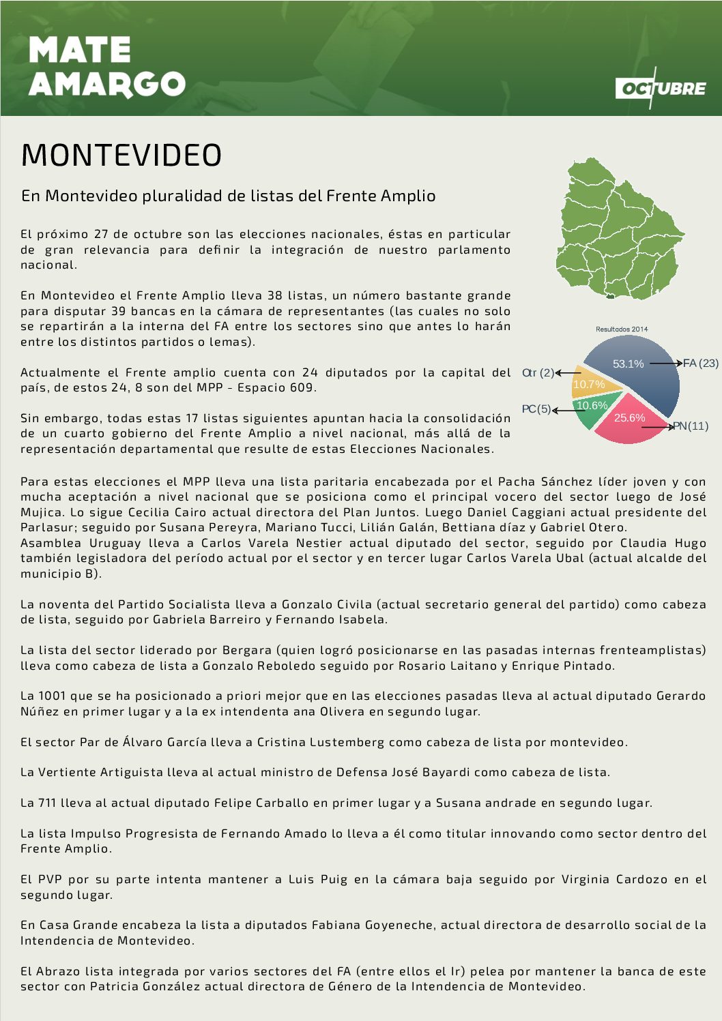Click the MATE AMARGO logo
pos(106,67)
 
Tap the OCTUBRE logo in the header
pos(661,88)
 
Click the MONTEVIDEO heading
pos(121,156)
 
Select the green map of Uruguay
pos(618,229)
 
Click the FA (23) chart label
pos(701,364)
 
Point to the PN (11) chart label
pos(691,426)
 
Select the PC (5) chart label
pos(536,409)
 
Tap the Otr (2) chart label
pos(538,373)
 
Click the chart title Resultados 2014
pos(622,329)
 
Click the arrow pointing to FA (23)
pos(665,364)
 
